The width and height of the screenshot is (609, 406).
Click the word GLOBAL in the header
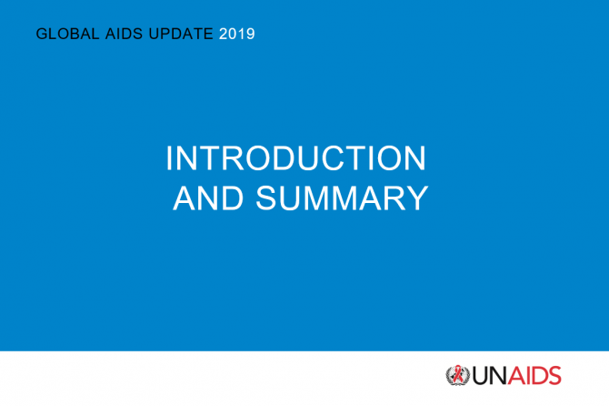pyautogui.click(x=67, y=34)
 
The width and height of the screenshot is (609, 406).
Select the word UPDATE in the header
pyautogui.click(x=181, y=34)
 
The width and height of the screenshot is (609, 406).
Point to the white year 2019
pyautogui.click(x=237, y=34)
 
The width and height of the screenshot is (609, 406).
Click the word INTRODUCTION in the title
pyautogui.click(x=296, y=158)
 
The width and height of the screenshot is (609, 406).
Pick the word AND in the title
pyautogui.click(x=208, y=198)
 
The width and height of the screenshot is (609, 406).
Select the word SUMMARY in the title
pyautogui.click(x=342, y=198)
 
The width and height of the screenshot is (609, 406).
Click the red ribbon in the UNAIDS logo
pyautogui.click(x=458, y=374)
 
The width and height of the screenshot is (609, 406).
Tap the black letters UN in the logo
pyautogui.click(x=490, y=375)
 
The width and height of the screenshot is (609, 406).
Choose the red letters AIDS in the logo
pyautogui.click(x=534, y=375)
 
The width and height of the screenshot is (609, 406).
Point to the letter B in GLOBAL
pyautogui.click(x=74, y=34)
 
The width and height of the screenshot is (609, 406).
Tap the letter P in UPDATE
pyautogui.click(x=165, y=34)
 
